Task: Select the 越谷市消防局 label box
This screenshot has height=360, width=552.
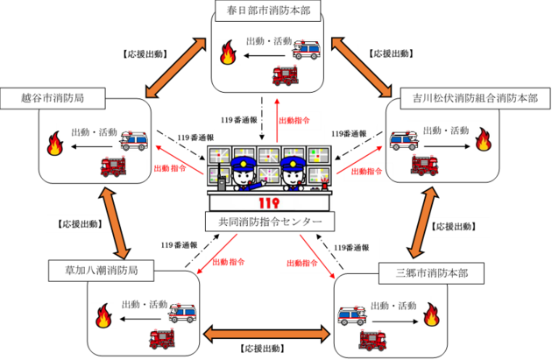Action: (x=53, y=97)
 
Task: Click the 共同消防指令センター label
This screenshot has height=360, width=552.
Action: (x=269, y=222)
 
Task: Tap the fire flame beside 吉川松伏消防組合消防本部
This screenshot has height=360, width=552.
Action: (x=483, y=138)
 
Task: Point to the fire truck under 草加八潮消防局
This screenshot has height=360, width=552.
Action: (x=161, y=338)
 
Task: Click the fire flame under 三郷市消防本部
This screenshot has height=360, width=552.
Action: (x=430, y=314)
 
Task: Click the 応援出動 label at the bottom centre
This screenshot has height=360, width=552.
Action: (x=266, y=349)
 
